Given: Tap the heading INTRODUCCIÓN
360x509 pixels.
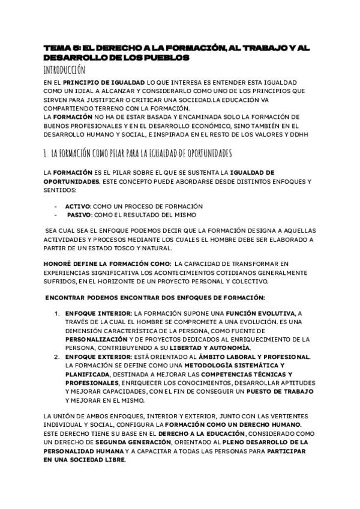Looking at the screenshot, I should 68,70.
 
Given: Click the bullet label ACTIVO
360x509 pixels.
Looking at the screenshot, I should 77,206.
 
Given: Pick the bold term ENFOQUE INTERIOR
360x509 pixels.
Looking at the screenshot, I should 98,313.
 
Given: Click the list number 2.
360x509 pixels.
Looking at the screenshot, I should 57,357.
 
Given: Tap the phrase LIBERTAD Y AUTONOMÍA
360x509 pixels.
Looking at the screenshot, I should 218,348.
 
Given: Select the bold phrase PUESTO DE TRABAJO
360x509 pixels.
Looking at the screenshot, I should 281,391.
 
